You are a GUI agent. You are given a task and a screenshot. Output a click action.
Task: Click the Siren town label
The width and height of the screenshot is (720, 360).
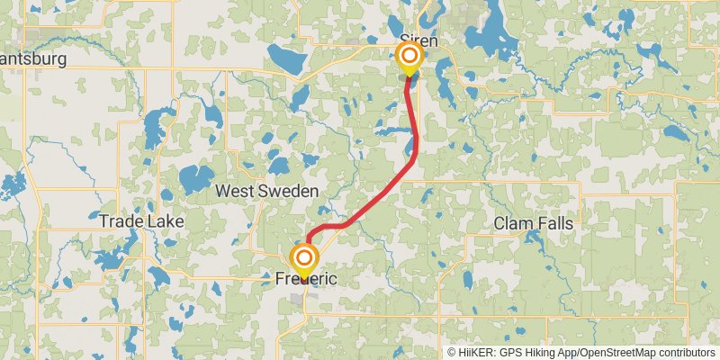pos(418,41)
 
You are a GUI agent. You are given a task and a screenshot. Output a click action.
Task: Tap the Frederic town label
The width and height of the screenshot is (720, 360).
pos(305,280)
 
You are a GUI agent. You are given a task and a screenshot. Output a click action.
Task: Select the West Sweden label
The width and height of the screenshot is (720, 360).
pos(267,192)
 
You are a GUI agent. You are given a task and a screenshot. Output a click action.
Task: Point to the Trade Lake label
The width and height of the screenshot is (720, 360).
pos(141,220)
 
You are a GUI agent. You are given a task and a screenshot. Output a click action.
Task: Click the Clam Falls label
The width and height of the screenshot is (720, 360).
pos(534,223)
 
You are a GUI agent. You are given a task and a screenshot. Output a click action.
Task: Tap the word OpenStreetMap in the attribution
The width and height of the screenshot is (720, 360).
pos(619,353)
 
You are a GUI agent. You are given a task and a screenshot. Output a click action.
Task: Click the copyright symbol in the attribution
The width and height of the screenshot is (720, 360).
pos(453,353)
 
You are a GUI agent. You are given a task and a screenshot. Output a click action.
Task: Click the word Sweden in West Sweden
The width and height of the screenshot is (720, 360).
pos(289,192)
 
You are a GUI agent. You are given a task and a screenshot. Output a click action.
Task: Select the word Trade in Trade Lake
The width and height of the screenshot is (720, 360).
pos(122,220)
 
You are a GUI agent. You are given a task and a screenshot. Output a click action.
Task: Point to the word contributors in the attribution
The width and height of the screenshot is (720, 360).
pos(687,353)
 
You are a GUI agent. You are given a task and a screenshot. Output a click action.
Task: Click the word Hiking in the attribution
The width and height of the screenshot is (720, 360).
pos(541,353)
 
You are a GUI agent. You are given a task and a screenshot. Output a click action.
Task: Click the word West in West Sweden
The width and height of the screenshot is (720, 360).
pos(237,192)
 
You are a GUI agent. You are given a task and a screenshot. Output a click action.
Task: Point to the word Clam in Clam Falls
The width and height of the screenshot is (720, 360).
pos(512,223)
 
